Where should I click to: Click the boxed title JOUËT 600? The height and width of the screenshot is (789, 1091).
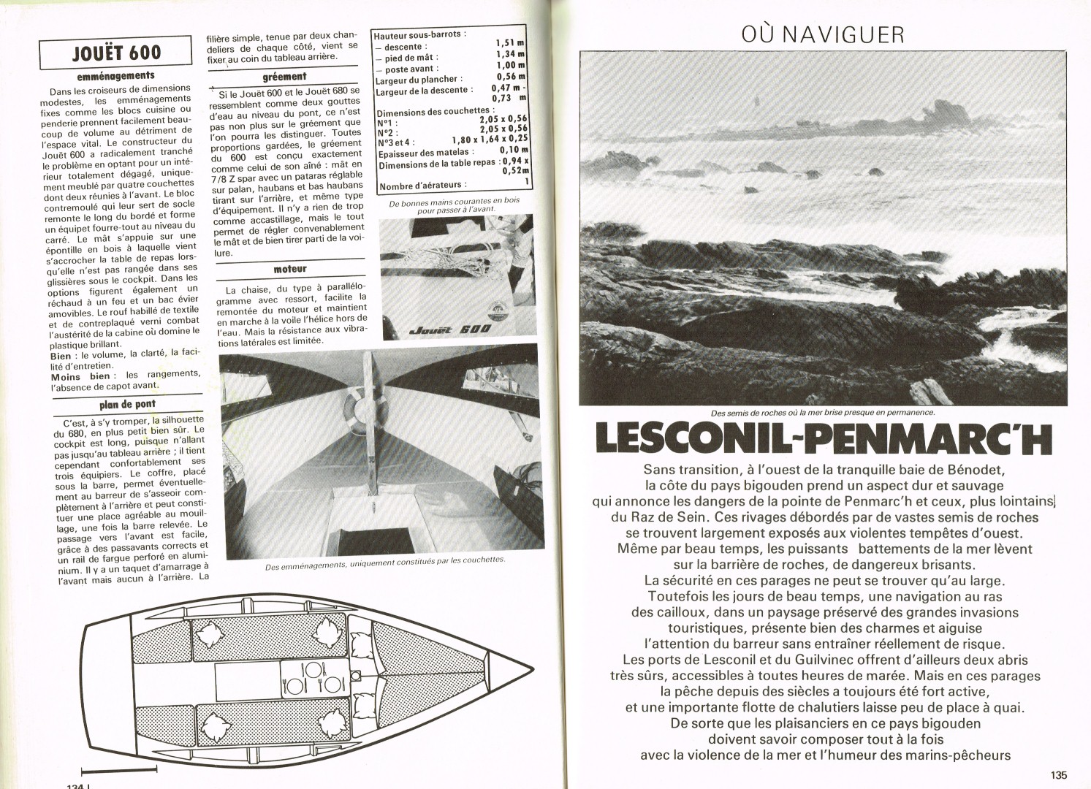(x=117, y=52)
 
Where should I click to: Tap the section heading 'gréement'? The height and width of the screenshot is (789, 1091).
(x=284, y=76)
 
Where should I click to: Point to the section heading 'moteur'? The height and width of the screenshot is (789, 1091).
(x=290, y=269)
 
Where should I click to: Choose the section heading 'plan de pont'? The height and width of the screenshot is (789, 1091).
(x=127, y=404)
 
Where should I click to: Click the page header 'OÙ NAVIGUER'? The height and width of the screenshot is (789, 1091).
(x=821, y=34)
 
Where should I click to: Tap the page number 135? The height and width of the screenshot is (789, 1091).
(x=1059, y=775)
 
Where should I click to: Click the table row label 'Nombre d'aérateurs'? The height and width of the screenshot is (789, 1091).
(x=422, y=185)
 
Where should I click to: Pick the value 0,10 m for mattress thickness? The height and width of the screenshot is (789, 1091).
(x=513, y=150)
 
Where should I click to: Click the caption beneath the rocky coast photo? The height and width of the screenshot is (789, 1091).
(x=813, y=412)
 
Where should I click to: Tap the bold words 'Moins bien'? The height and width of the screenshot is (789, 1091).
(x=80, y=376)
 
